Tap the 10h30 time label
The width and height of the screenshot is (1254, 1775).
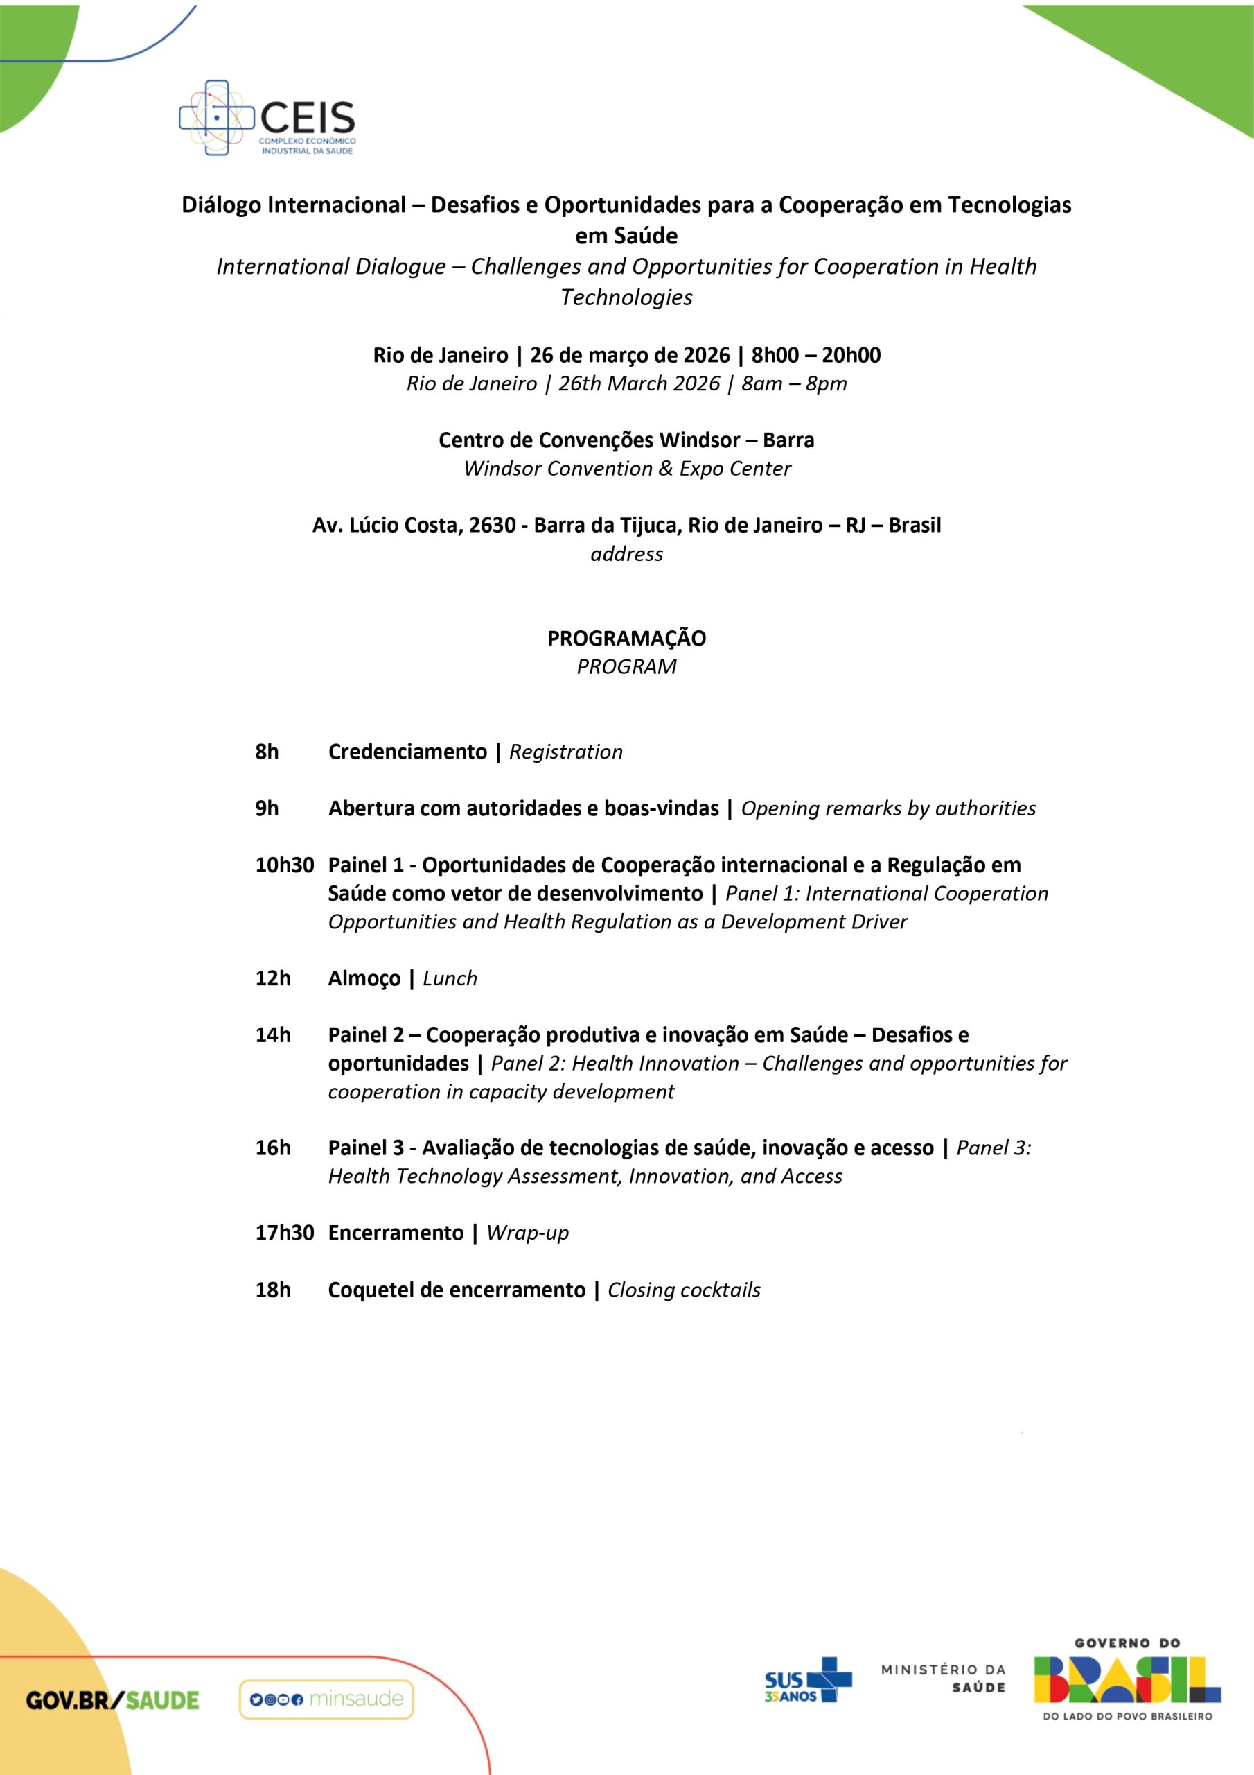[x=283, y=865]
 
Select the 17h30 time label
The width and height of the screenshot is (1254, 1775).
[x=283, y=1232]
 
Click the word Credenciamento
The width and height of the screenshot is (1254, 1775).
[x=407, y=752]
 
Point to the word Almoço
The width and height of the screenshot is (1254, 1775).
[x=364, y=978]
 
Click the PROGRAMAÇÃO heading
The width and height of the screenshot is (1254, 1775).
[x=626, y=638]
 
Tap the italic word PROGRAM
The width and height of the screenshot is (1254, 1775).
[x=626, y=666]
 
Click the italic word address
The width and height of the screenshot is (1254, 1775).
[x=626, y=553]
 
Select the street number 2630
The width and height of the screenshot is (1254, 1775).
[x=492, y=525]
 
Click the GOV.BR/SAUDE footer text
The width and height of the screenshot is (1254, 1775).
[x=113, y=1700]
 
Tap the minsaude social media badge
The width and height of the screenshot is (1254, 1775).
[x=326, y=1699]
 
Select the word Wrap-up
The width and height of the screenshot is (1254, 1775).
[x=528, y=1232]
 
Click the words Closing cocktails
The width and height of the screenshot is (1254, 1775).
[x=684, y=1290]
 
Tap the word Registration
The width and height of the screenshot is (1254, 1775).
[x=565, y=752]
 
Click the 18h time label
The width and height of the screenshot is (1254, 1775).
[x=273, y=1290]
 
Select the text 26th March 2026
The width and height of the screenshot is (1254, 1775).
[x=639, y=383]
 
